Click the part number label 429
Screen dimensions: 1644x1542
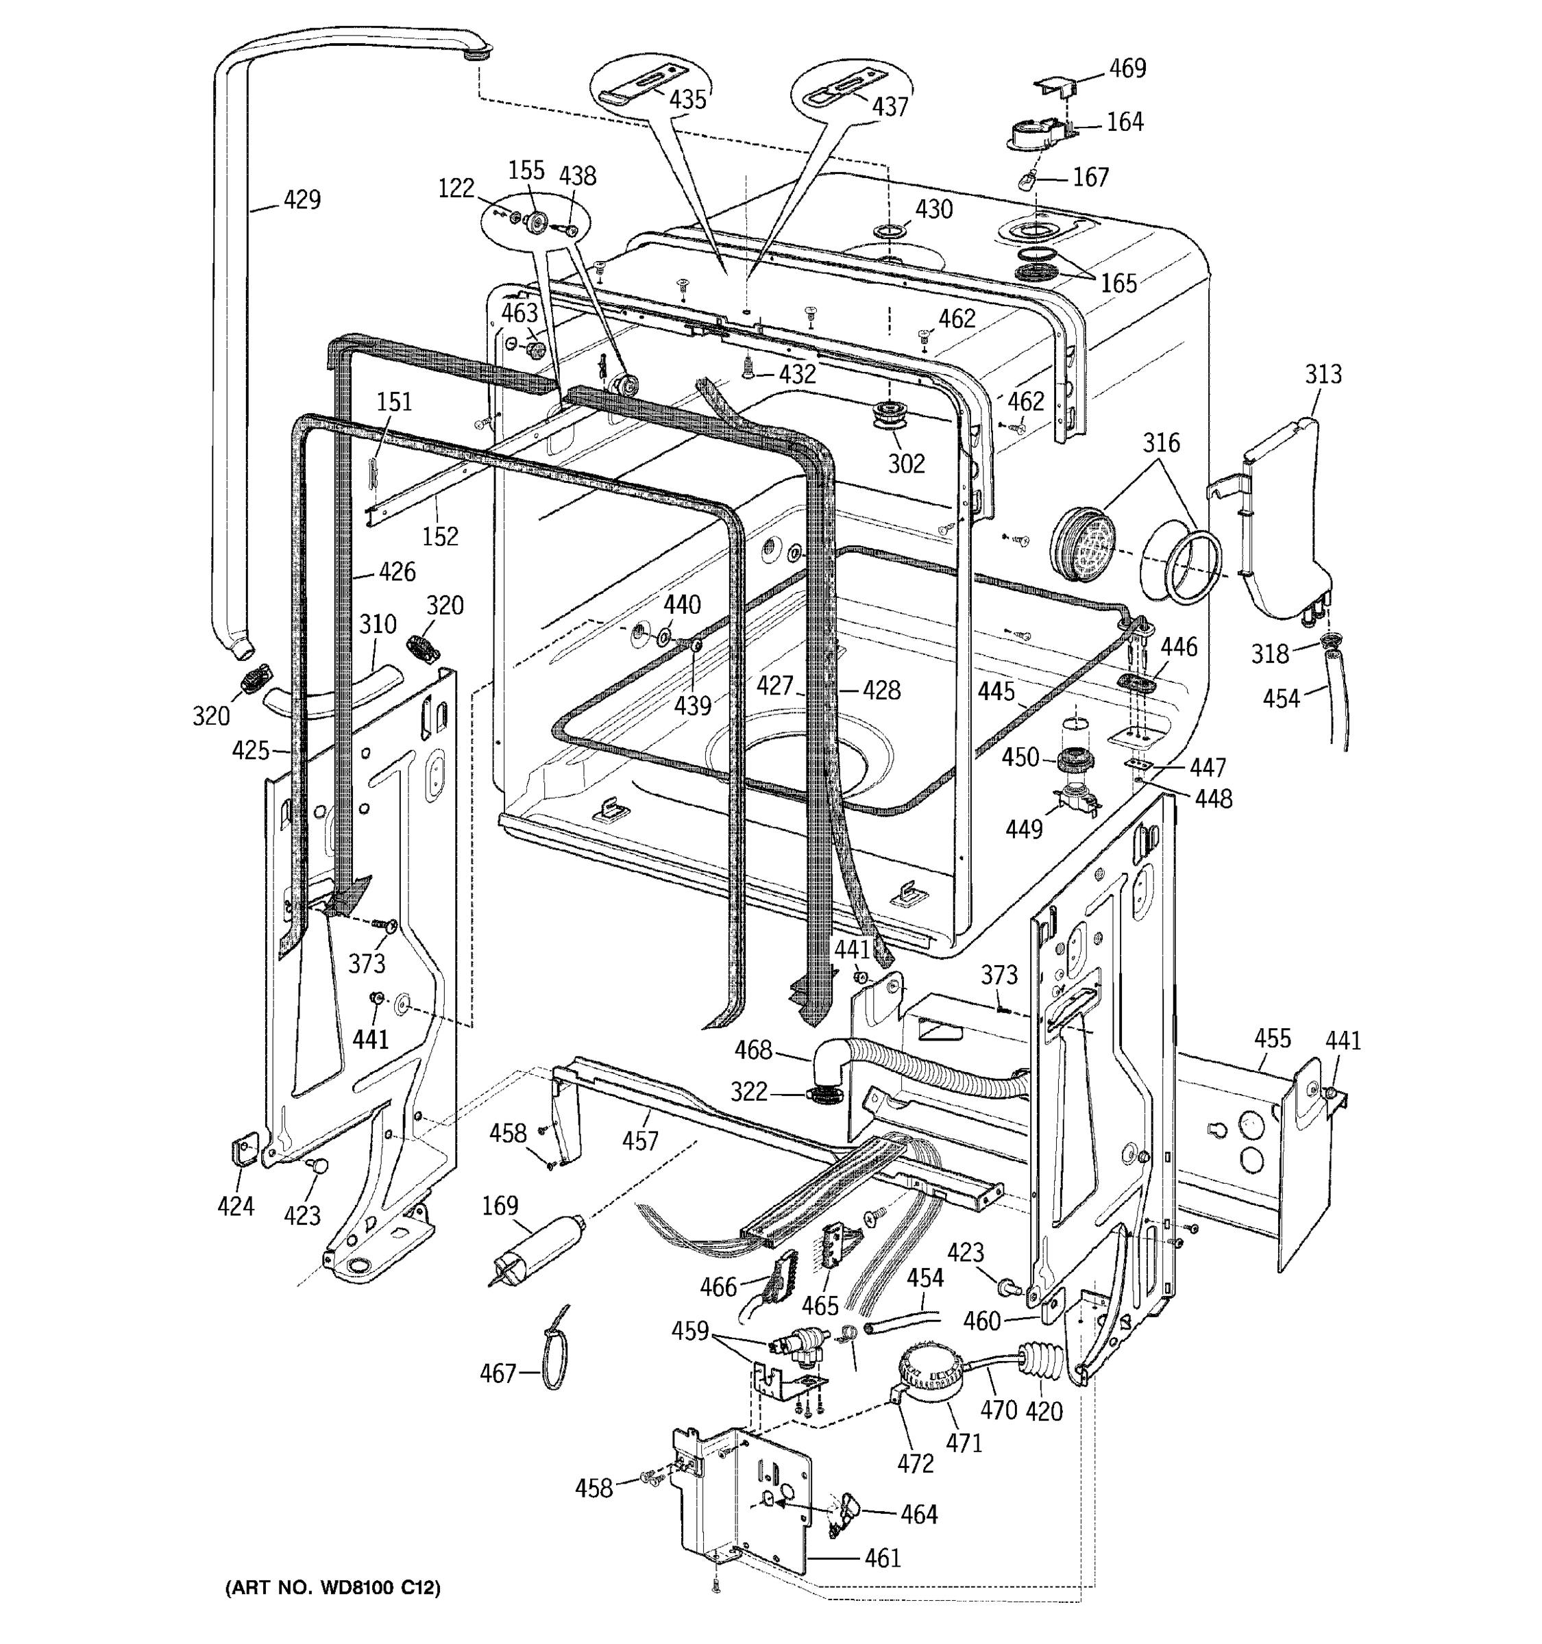(x=302, y=199)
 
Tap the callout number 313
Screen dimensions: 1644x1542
(x=1323, y=374)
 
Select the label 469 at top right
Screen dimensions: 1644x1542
(x=1127, y=68)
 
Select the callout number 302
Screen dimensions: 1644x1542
(x=906, y=463)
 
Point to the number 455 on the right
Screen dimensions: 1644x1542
(x=1272, y=1038)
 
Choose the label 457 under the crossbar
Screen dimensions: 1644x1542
(x=639, y=1141)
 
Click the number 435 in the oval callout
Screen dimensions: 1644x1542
(x=687, y=100)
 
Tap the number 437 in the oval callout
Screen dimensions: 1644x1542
(x=890, y=107)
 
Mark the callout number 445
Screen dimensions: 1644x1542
(x=996, y=691)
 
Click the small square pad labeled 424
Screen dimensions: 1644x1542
(x=241, y=1150)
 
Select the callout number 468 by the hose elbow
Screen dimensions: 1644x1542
(x=752, y=1050)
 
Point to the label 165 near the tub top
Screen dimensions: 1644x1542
(x=1118, y=284)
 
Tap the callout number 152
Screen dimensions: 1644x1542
(x=439, y=537)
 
